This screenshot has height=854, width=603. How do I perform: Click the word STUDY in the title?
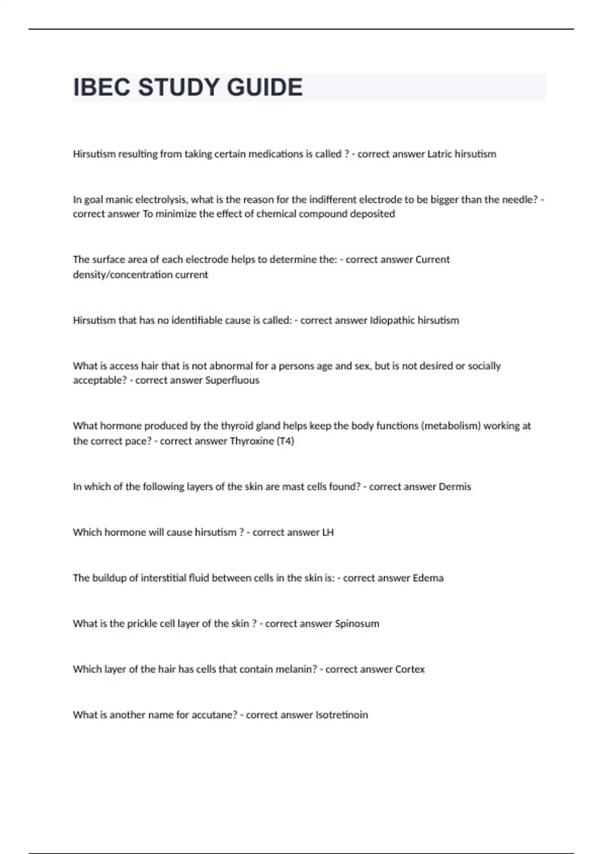point(178,87)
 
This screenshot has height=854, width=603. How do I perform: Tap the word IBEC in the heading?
point(102,87)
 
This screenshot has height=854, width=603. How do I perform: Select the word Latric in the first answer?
point(440,154)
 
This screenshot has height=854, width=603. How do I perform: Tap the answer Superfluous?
point(232,380)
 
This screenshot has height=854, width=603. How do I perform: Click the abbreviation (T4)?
point(285,441)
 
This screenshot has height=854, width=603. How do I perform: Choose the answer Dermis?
point(455,487)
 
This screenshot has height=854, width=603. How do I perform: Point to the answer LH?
point(328,532)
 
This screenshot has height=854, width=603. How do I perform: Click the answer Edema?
point(428,578)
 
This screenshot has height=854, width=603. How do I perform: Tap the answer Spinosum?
point(357,624)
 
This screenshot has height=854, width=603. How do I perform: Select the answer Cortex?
point(410,670)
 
